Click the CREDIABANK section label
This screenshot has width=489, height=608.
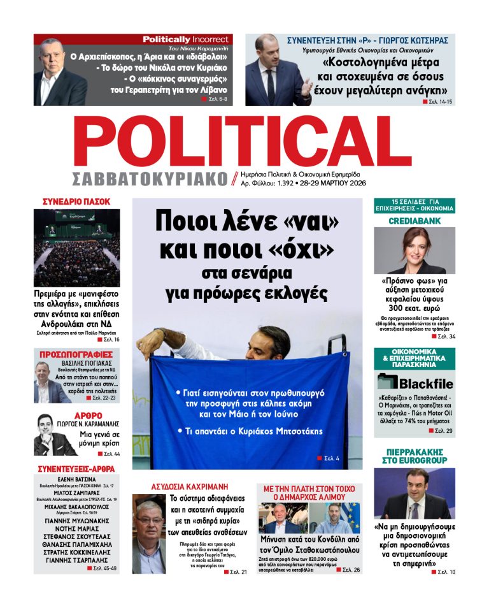(x=414, y=221)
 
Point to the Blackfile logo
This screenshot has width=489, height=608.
(x=415, y=382)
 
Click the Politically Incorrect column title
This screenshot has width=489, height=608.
(x=185, y=39)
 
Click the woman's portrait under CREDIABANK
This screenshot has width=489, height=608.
(x=414, y=250)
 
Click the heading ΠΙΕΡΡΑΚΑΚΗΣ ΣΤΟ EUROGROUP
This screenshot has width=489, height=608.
(x=414, y=455)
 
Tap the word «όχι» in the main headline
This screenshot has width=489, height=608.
(x=311, y=250)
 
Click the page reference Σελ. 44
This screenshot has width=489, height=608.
(x=109, y=454)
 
